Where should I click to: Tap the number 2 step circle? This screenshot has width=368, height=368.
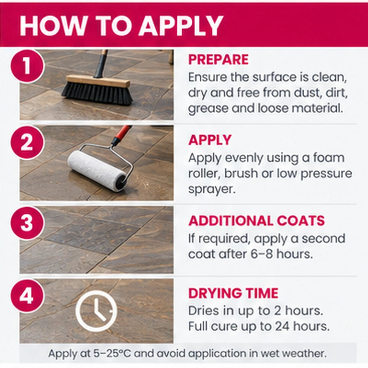pyautogui.click(x=27, y=142)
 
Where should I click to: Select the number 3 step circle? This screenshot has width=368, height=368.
pyautogui.click(x=27, y=222)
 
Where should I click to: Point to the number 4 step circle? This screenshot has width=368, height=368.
pyautogui.click(x=27, y=295)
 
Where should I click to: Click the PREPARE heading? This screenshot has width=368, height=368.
pyautogui.click(x=218, y=60)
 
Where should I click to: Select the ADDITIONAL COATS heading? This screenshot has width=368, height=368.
pyautogui.click(x=257, y=221)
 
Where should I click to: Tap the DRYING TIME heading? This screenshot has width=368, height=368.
pyautogui.click(x=233, y=293)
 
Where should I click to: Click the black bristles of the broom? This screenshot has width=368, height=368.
pyautogui.click(x=97, y=93)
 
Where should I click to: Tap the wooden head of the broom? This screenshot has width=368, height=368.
pyautogui.click(x=98, y=81)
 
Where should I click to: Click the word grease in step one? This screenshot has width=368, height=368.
pyautogui.click(x=208, y=109)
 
